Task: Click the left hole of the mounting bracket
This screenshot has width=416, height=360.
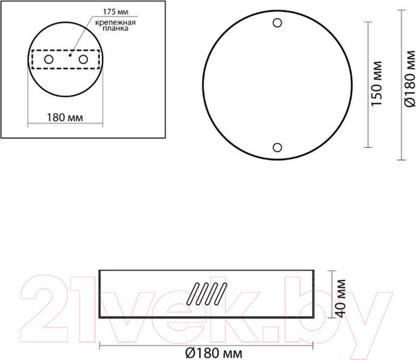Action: [49, 60]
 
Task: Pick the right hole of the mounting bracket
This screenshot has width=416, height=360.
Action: [83, 60]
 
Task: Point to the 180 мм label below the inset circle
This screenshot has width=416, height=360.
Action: [66, 117]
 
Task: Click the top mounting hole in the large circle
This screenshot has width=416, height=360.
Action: [277, 24]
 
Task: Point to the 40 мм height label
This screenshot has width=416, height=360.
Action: [340, 295]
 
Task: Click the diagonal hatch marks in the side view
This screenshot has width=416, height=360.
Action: [206, 295]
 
